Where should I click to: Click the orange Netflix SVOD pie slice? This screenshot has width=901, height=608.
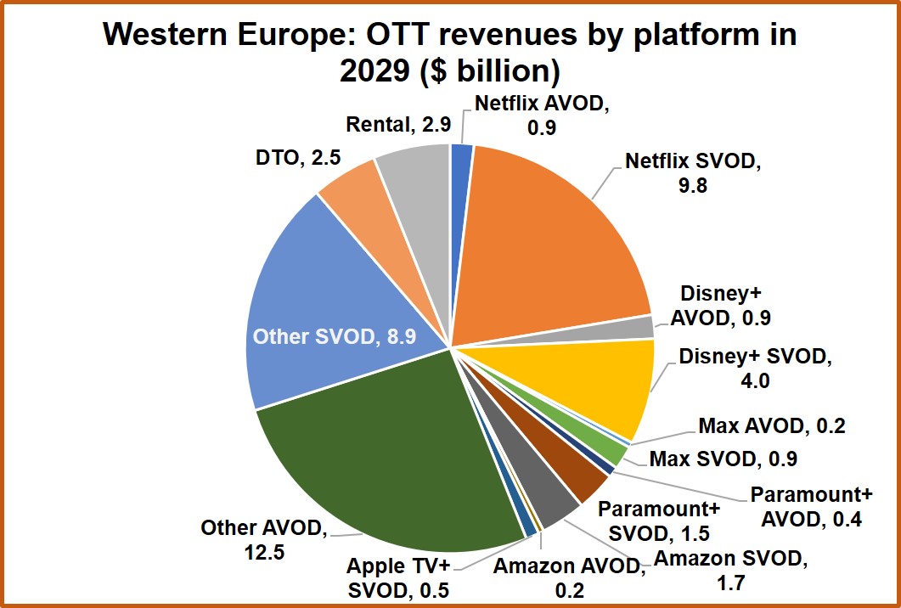[x=552, y=238]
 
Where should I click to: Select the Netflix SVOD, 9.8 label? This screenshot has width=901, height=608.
[x=693, y=172]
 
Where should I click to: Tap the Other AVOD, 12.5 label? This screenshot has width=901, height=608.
[x=263, y=540]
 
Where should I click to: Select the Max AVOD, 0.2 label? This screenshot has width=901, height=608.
[x=771, y=426]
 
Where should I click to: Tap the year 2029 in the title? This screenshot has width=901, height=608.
[x=374, y=70]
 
